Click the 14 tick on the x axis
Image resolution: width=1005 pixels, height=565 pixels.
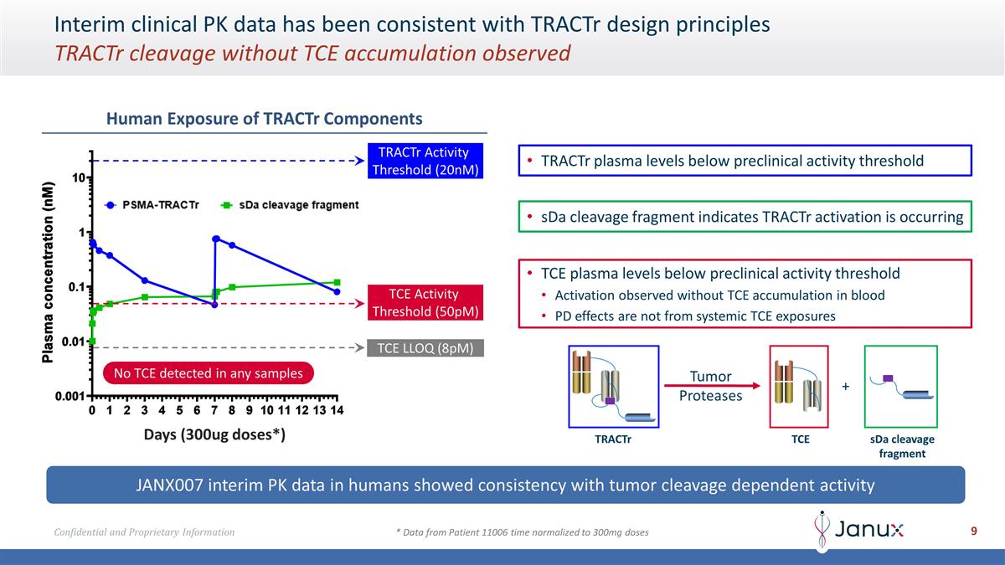337,410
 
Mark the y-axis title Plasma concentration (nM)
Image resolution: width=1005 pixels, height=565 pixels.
49,272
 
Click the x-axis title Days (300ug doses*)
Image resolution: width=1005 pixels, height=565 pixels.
214,435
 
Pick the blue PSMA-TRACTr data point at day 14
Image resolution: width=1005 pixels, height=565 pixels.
337,291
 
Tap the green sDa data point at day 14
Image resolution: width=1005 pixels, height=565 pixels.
337,282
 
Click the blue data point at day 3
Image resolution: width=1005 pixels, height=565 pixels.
145,280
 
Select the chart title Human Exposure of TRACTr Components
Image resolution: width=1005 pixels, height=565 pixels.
264,119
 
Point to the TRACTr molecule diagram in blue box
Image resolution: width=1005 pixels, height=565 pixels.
613,386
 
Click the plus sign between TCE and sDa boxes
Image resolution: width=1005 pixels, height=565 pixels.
845,387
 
